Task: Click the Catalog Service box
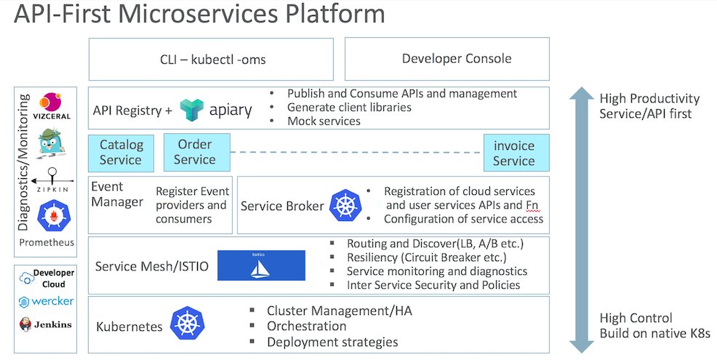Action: (x=121, y=153)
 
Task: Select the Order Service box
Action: (x=195, y=151)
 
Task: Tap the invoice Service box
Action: (x=513, y=153)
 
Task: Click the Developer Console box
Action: (x=457, y=59)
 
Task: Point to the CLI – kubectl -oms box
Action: (x=212, y=60)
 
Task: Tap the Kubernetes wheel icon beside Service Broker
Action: (x=345, y=205)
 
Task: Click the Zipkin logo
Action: (x=51, y=178)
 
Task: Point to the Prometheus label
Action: (x=47, y=242)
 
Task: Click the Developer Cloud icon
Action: (x=28, y=277)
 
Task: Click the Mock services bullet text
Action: (x=324, y=121)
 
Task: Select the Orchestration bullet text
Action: (x=306, y=326)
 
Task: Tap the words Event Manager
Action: (x=117, y=194)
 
